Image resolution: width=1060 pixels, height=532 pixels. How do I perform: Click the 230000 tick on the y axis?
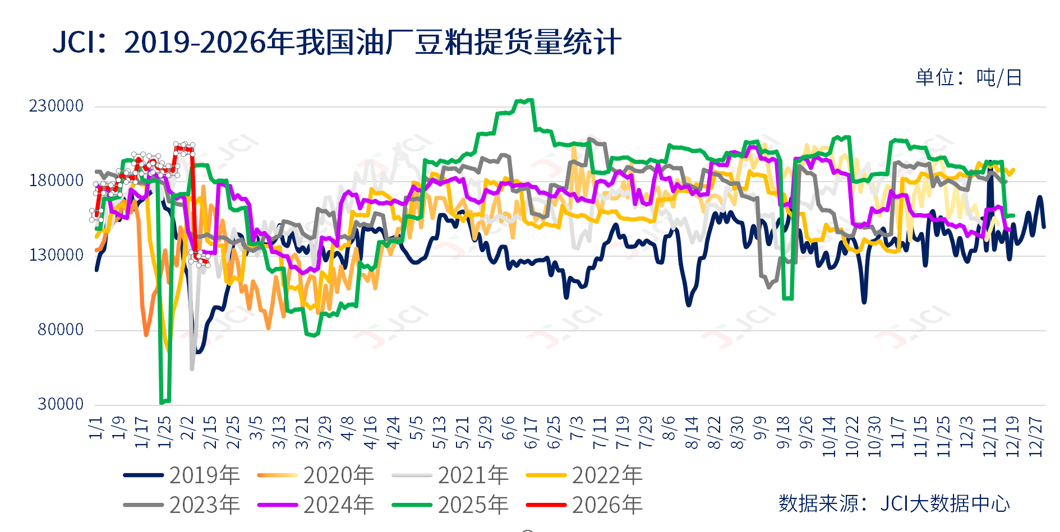[x=56, y=106]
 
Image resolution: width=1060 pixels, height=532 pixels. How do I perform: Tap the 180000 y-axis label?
[x=56, y=181]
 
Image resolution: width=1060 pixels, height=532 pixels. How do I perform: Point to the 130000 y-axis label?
[x=56, y=255]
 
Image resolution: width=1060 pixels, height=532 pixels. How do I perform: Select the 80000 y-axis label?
[x=61, y=330]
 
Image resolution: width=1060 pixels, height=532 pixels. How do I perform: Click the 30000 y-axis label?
[x=61, y=404]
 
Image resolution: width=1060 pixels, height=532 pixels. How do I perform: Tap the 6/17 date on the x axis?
[x=531, y=433]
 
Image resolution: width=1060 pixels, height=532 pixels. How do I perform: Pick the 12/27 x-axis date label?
[x=1035, y=436]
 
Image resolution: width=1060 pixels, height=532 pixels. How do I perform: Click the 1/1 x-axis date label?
[x=96, y=427]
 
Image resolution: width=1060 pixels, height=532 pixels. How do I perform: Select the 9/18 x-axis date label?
[x=783, y=433]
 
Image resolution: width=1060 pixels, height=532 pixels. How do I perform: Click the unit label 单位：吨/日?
[x=969, y=77]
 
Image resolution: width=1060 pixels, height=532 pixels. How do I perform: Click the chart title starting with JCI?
[x=337, y=42]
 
